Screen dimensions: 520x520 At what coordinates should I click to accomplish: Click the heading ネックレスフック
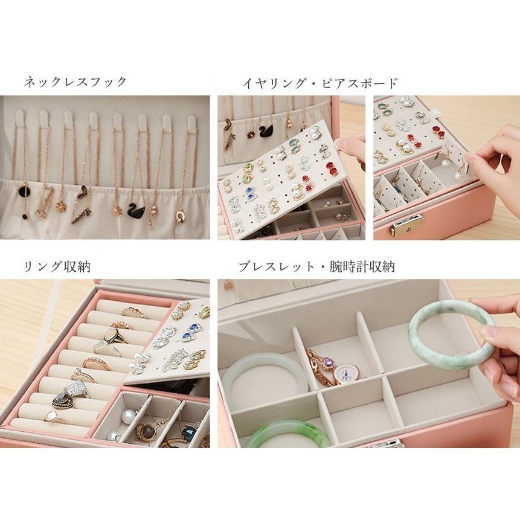(75, 82)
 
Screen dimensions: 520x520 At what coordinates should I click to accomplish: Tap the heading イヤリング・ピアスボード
(319, 83)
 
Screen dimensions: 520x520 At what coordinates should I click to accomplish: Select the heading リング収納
(57, 266)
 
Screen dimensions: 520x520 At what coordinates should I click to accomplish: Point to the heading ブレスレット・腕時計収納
(316, 266)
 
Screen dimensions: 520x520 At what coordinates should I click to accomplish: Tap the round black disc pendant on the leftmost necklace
(24, 191)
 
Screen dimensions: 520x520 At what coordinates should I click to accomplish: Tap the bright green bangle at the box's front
(288, 434)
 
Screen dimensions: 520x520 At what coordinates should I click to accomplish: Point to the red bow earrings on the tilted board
(332, 169)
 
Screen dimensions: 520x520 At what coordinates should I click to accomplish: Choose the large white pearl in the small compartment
(127, 415)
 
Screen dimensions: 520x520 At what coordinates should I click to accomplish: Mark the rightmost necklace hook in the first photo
(191, 123)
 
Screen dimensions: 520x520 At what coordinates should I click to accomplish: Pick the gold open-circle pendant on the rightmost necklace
(181, 215)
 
